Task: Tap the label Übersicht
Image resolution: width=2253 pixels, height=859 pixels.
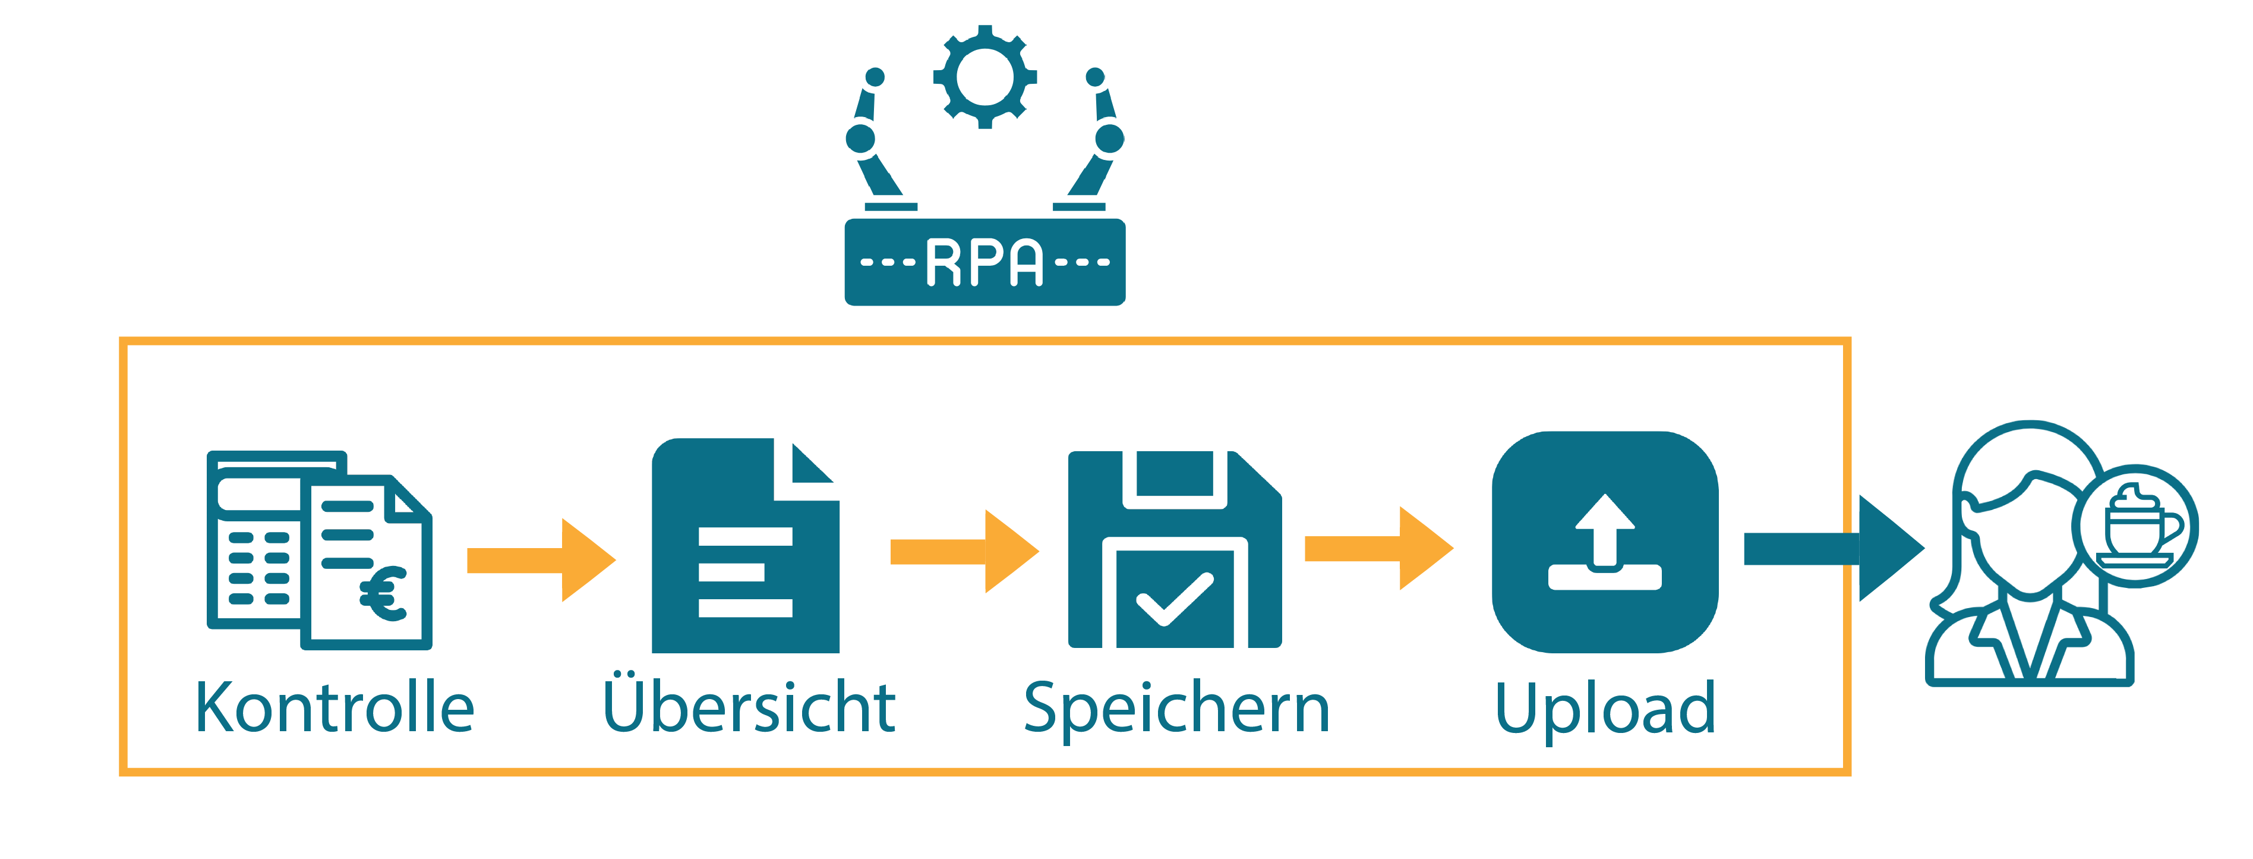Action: click(x=750, y=705)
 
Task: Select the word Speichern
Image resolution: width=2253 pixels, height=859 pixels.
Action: click(x=1176, y=709)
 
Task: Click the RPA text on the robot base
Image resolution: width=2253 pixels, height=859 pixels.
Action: click(x=985, y=262)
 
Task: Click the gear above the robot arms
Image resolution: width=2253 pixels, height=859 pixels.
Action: click(x=985, y=77)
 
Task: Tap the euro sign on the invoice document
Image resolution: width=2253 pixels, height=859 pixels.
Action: click(x=383, y=594)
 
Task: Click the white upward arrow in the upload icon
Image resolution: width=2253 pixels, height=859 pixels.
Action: click(x=1605, y=528)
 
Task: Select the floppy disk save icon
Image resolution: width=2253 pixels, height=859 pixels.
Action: click(x=1175, y=549)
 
